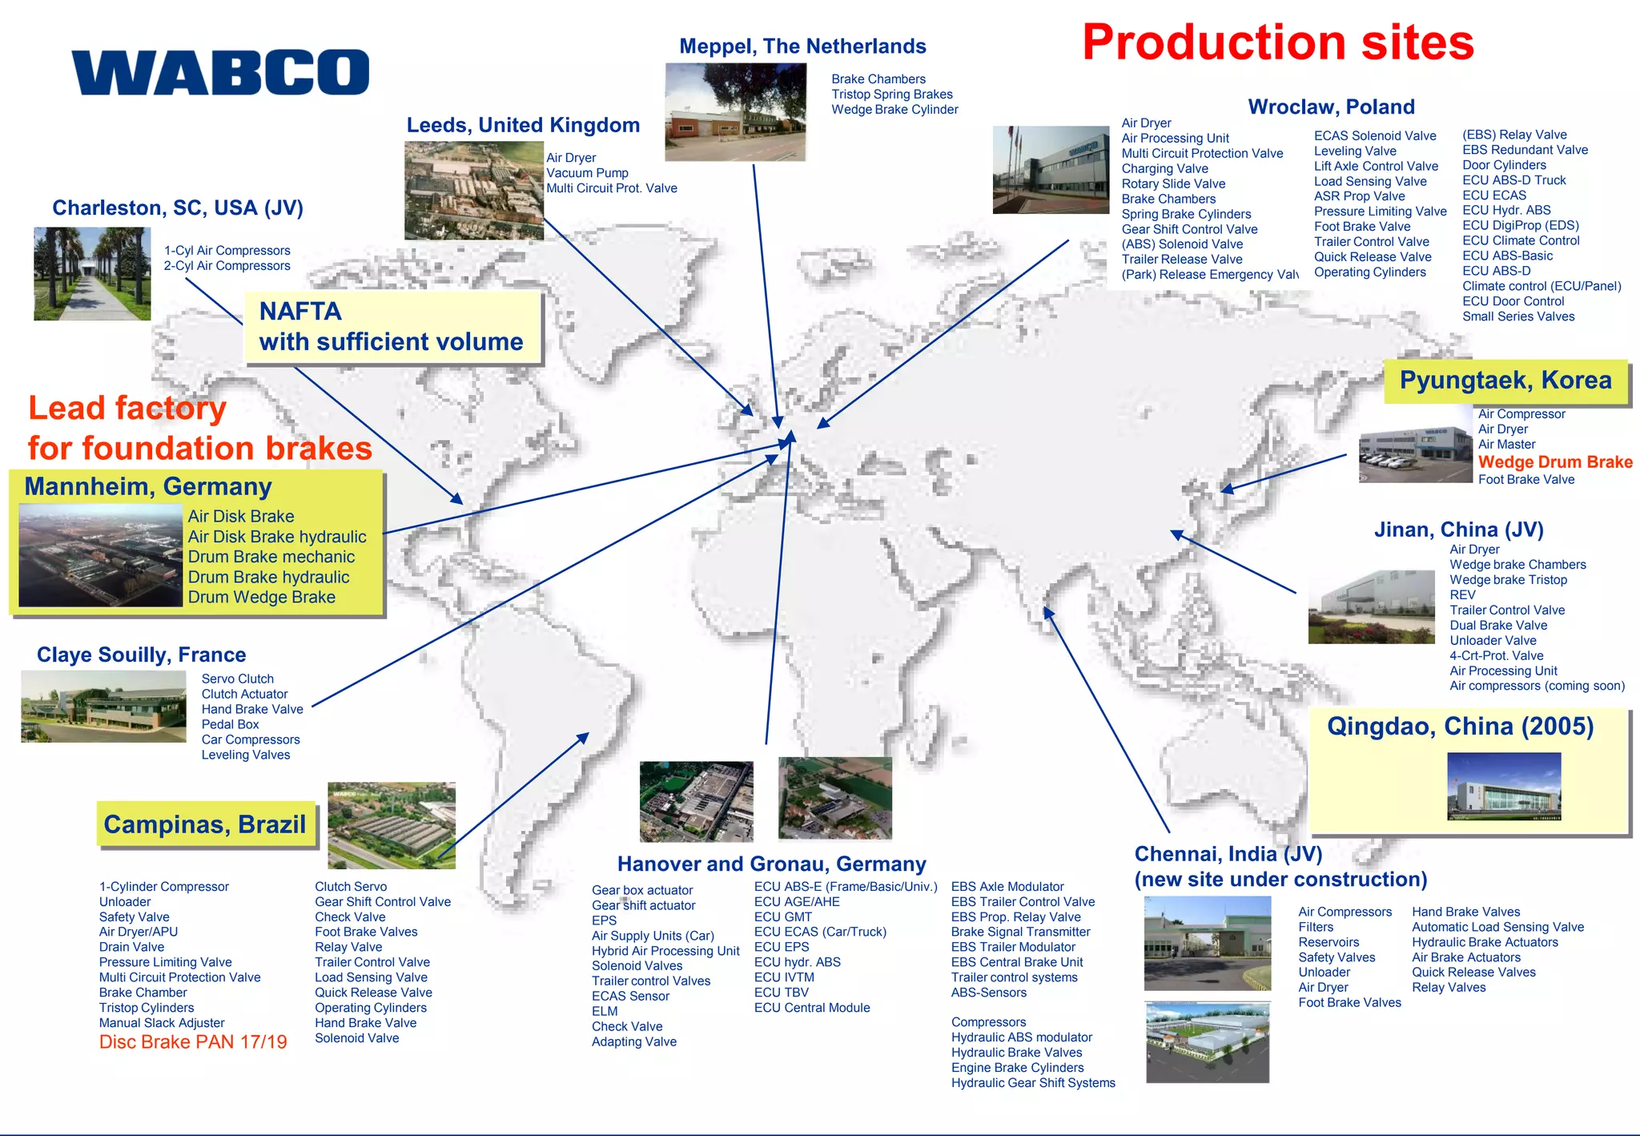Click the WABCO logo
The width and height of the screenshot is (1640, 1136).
(220, 72)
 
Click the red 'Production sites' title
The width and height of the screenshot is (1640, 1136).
(1277, 42)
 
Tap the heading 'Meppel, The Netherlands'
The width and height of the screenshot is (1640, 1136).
(802, 46)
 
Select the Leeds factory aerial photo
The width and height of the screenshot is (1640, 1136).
(473, 191)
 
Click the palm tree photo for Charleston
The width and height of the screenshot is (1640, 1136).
(92, 273)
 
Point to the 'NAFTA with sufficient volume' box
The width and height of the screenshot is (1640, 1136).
(392, 327)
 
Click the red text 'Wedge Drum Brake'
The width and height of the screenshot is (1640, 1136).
(1554, 462)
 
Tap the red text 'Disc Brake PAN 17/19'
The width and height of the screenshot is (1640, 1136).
(193, 1041)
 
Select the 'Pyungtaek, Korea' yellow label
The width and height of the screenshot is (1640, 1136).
(1505, 381)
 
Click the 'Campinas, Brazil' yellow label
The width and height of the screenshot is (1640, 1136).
(205, 824)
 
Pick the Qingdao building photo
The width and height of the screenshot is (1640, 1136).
(1504, 785)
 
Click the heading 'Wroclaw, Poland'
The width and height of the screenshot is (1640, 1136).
(1331, 107)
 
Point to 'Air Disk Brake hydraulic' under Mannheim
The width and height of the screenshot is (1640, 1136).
(277, 537)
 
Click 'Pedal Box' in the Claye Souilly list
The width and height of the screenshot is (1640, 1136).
(230, 724)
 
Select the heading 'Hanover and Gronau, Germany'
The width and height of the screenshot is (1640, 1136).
(771, 864)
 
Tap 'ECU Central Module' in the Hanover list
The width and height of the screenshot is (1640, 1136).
(811, 1008)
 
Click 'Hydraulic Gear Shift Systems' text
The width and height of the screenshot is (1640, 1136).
(1033, 1083)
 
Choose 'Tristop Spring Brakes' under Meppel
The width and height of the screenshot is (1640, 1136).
(891, 95)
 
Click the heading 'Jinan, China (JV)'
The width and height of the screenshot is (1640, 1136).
(1458, 530)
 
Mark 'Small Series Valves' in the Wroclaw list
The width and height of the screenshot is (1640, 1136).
(1517, 316)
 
